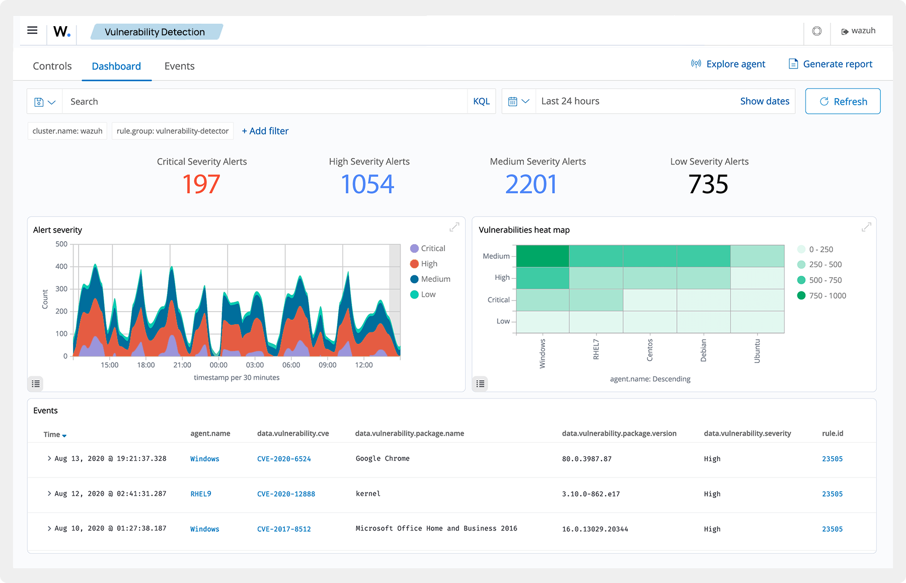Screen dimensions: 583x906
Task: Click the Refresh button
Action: click(x=843, y=101)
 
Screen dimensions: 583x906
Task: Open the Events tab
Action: click(x=179, y=66)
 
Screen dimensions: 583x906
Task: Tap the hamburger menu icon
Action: click(x=32, y=31)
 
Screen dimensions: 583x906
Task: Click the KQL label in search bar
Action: click(x=481, y=101)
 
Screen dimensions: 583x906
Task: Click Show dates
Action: click(x=764, y=101)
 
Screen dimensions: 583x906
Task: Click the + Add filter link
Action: click(x=265, y=131)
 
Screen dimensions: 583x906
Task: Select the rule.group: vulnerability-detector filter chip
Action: click(x=173, y=131)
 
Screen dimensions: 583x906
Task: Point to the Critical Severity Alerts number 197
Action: click(x=201, y=184)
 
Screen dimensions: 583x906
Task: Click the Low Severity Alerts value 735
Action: click(x=708, y=184)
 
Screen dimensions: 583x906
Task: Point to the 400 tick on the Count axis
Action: click(x=61, y=266)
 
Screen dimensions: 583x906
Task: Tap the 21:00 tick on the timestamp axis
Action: click(x=182, y=365)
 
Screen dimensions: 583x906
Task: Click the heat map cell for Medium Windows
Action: click(x=543, y=256)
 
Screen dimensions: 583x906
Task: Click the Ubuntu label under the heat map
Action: click(x=757, y=351)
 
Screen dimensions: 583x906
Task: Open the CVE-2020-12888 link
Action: click(x=286, y=494)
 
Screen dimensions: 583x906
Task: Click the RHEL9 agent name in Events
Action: click(x=200, y=494)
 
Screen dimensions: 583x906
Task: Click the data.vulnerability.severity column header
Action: click(x=747, y=433)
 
